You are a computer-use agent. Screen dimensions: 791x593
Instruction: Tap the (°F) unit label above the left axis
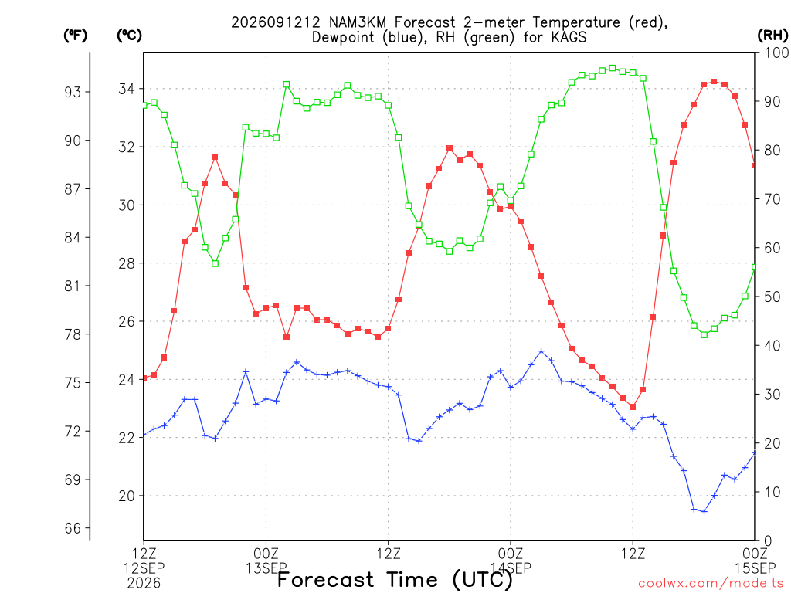pos(75,36)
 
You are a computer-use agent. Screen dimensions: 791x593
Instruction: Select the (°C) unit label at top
pos(129,36)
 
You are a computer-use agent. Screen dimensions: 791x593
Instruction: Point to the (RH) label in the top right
pos(772,36)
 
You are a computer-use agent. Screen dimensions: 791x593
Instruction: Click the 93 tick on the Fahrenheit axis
pos(72,92)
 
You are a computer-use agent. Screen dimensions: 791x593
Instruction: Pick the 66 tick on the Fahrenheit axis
pos(72,528)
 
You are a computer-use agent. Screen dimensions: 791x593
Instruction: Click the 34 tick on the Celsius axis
pos(127,90)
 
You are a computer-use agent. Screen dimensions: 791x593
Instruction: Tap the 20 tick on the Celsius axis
pos(127,496)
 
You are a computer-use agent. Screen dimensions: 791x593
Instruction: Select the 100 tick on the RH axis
pos(776,53)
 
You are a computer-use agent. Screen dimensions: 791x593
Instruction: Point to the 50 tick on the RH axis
pos(772,297)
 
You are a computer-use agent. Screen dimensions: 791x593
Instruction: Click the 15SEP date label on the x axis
pos(755,568)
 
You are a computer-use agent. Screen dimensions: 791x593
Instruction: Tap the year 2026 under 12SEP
pos(144,584)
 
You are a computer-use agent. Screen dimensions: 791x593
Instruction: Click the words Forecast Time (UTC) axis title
pos(395,580)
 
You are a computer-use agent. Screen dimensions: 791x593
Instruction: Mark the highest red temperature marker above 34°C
pos(715,82)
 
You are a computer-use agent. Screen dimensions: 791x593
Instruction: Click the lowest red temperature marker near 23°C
pos(633,407)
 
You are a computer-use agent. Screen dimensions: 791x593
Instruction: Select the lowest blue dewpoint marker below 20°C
pos(704,511)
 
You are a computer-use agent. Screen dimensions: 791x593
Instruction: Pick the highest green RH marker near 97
pos(613,68)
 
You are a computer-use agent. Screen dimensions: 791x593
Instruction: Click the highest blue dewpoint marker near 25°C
pos(541,351)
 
